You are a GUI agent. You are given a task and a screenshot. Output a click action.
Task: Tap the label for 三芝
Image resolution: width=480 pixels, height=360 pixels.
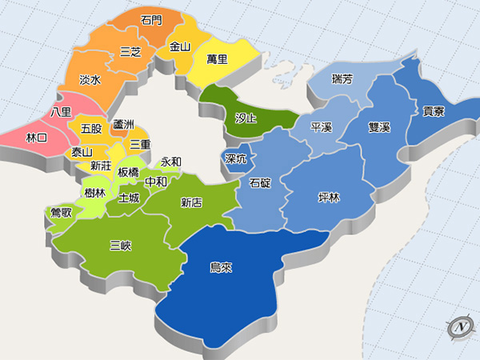[x=130, y=52]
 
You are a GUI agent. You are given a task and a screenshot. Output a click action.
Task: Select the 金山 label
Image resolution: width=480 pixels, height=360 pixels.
[x=180, y=47]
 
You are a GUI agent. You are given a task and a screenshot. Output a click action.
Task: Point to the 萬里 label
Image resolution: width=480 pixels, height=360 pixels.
[x=217, y=59]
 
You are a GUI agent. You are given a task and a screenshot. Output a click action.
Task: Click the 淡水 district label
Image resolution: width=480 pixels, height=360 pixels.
[x=90, y=80]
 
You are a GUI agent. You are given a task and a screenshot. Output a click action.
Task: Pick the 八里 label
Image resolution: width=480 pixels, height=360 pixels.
[x=61, y=111]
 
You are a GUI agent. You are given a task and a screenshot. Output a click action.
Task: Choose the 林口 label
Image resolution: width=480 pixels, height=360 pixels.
[x=37, y=138]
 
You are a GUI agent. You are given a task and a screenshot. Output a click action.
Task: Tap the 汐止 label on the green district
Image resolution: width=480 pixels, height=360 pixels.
[x=246, y=118]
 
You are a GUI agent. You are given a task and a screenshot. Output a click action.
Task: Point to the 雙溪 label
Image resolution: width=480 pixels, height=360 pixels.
[x=379, y=128]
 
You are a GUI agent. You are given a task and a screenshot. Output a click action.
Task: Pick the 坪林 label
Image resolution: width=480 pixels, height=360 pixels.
[x=329, y=198]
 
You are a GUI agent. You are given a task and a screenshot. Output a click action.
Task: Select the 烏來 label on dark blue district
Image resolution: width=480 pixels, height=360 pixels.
[x=221, y=268]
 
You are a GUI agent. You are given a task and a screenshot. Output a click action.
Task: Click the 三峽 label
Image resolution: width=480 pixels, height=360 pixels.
[x=121, y=246]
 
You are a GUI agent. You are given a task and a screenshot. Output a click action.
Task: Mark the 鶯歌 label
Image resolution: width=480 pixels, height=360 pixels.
[x=61, y=212]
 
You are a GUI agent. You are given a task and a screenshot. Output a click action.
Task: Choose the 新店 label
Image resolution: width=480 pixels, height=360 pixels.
[x=191, y=202]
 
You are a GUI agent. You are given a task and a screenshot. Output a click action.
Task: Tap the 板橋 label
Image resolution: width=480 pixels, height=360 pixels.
[x=128, y=172]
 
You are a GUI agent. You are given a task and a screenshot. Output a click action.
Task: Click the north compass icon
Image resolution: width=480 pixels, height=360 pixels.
[x=460, y=326]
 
